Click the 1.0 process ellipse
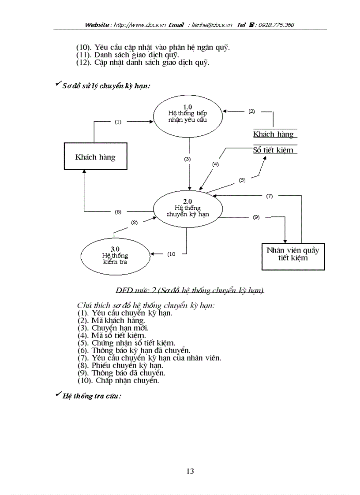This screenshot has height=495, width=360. pyautogui.click(x=187, y=114)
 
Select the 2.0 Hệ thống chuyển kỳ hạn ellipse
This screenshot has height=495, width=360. pyautogui.click(x=187, y=208)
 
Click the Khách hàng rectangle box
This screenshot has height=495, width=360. pyautogui.click(x=95, y=157)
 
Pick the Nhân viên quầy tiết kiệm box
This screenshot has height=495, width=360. pyautogui.click(x=293, y=254)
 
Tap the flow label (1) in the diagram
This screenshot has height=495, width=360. pyautogui.click(x=118, y=122)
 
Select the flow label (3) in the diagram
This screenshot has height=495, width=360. pyautogui.click(x=187, y=159)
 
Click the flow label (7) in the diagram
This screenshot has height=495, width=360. pyautogui.click(x=269, y=196)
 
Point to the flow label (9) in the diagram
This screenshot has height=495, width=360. pyautogui.click(x=256, y=217)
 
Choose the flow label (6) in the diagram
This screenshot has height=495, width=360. pyautogui.click(x=118, y=212)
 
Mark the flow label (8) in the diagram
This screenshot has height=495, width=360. pyautogui.click(x=135, y=223)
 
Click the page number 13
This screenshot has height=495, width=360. pyautogui.click(x=190, y=471)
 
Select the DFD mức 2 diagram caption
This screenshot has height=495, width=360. pyautogui.click(x=190, y=290)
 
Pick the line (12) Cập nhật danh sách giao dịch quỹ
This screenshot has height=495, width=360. pyautogui.click(x=143, y=62)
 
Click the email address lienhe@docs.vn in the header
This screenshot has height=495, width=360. pyautogui.click(x=212, y=25)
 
